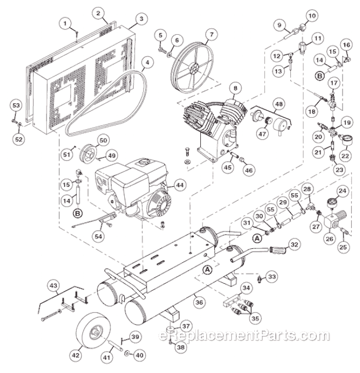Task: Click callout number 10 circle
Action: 312,15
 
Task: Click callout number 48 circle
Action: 279,104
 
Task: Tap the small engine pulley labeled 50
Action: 90,152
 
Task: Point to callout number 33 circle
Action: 272,275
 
